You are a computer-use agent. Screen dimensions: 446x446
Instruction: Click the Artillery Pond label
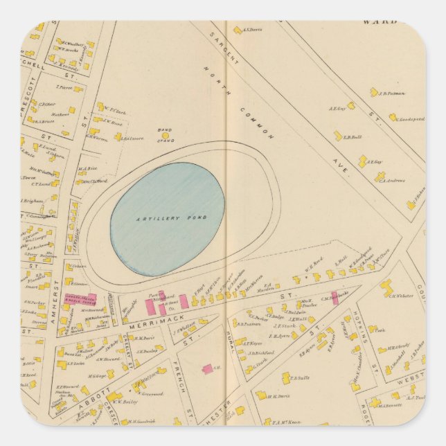click(167, 218)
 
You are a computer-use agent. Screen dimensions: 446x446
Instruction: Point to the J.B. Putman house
click(373, 91)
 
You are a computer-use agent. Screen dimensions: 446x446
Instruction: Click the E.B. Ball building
click(339, 136)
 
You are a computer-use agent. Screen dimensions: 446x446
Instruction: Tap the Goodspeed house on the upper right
click(393, 117)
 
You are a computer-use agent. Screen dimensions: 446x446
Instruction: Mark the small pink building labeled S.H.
click(206, 369)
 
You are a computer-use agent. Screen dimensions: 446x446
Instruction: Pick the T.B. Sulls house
click(285, 379)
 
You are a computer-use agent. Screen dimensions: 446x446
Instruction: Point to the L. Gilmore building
click(118, 137)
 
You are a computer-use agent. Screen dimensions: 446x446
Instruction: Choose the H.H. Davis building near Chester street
click(262, 395)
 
